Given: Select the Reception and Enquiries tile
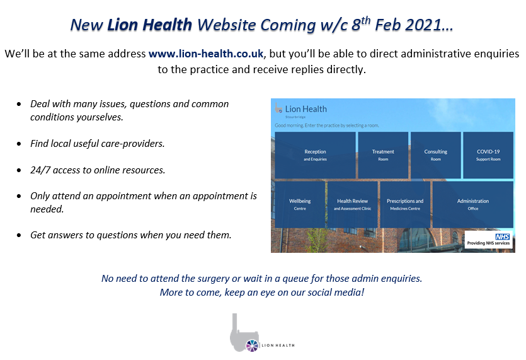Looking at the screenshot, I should coord(315,155).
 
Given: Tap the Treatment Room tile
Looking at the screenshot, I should coord(383,155).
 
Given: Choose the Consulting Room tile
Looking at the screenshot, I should coord(435,155).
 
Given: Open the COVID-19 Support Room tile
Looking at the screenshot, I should coord(488,155).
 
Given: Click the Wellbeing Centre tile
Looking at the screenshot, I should coord(300,204).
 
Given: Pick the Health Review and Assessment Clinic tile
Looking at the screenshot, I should coord(353,204).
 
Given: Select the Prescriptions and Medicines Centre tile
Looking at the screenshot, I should coord(405,204).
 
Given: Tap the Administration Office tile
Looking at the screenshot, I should coord(472,204).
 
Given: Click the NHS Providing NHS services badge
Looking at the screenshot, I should coord(489,240).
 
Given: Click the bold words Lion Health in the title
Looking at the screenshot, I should coord(150,25).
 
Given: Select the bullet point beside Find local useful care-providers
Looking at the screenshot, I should coord(20,144).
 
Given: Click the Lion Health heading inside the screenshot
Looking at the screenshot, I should coord(306,109).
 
